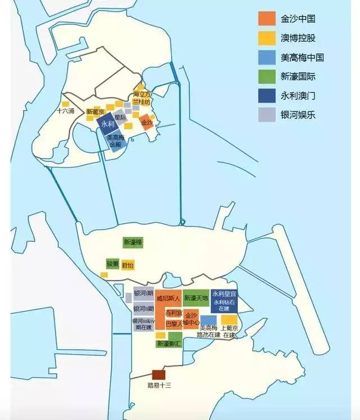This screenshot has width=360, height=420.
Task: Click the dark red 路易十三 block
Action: (x=159, y=375)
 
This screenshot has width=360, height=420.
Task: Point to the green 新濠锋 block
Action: (x=133, y=242)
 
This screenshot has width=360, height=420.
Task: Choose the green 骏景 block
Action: (x=112, y=264)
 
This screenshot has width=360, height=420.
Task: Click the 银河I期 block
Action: (x=143, y=293)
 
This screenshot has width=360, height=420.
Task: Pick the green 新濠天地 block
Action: (x=196, y=297)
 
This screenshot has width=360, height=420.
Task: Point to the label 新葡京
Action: (x=95, y=112)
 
